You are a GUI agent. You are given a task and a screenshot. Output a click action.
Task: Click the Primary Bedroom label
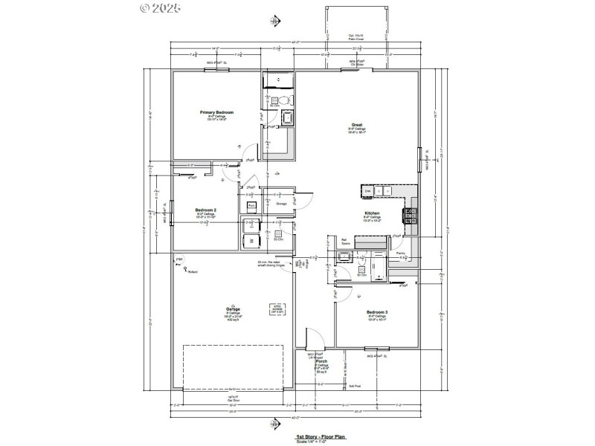click(216, 111)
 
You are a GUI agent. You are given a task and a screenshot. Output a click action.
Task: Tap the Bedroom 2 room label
click(205, 210)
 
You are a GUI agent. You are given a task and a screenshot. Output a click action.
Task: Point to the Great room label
click(356, 124)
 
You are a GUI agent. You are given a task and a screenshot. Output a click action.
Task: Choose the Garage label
click(233, 309)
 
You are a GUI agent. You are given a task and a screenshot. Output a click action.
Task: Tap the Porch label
click(321, 361)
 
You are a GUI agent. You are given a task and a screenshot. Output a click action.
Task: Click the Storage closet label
click(282, 202)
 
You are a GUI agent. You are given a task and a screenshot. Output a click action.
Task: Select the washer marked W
click(251, 241)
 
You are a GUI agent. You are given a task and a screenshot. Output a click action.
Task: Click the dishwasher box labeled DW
click(367, 191)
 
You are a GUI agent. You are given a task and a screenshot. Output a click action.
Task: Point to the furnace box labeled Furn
click(251, 204)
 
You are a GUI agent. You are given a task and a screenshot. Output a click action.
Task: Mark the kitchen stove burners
click(408, 216)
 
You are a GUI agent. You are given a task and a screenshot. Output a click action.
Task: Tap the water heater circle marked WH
click(179, 259)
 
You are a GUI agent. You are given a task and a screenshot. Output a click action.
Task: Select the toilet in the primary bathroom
click(283, 99)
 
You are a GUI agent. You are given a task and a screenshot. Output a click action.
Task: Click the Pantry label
click(400, 253)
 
